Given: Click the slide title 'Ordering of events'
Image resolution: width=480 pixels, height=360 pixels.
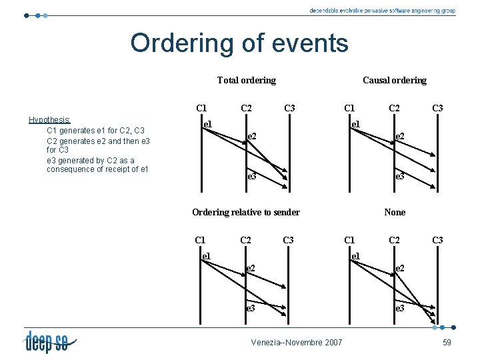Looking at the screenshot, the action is click(x=239, y=43).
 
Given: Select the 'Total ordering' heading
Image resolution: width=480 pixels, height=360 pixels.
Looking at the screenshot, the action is click(x=246, y=81).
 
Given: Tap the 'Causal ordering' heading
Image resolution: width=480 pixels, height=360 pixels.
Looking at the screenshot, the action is click(x=394, y=81).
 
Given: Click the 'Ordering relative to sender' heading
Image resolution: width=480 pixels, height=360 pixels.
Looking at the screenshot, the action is click(x=246, y=213).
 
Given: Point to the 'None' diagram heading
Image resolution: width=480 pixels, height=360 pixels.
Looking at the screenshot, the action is click(x=395, y=213).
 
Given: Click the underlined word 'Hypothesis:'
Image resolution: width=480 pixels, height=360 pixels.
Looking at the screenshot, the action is click(x=49, y=120).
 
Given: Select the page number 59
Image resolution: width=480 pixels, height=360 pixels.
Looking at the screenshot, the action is click(x=447, y=343).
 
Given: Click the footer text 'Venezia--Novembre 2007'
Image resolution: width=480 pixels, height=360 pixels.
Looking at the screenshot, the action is click(x=297, y=343).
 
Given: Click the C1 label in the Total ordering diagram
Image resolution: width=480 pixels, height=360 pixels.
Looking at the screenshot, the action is click(x=201, y=108).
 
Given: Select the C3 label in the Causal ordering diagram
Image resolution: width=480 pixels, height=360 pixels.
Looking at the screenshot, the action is click(x=437, y=108).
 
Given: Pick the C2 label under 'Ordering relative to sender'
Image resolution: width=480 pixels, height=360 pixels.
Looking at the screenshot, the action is click(x=245, y=240).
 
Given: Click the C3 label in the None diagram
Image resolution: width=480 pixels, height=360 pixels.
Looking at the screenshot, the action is click(x=437, y=240).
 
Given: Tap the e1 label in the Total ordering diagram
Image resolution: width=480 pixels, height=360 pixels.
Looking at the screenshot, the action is click(x=207, y=124).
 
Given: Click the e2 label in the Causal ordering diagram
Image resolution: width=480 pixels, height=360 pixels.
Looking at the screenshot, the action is click(x=400, y=137).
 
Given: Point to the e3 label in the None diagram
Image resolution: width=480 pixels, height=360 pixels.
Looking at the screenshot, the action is click(x=400, y=309).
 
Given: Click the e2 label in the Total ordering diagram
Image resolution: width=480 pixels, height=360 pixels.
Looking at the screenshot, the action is click(x=252, y=137).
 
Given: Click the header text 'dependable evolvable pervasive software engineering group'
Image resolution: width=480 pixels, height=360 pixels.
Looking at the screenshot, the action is click(x=382, y=11).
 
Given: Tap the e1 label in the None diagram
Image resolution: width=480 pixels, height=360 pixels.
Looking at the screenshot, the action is click(x=355, y=256).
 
